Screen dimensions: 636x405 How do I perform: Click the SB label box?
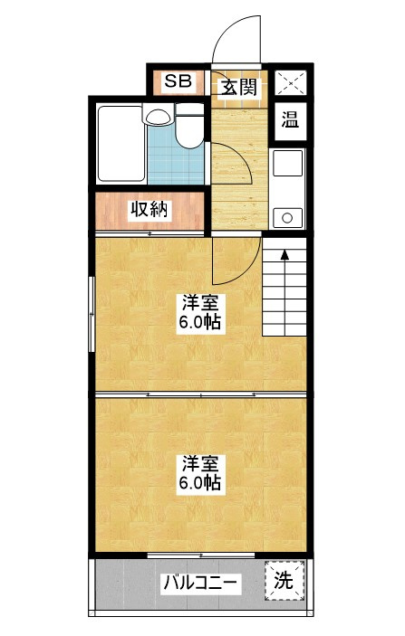pyautogui.click(x=178, y=82)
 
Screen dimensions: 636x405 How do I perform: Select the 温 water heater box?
pyautogui.click(x=290, y=120)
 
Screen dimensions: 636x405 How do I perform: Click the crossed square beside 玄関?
pyautogui.click(x=290, y=82)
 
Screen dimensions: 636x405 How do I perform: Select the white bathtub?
pyautogui.click(x=120, y=145)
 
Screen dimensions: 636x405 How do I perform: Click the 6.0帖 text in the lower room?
pyautogui.click(x=200, y=483)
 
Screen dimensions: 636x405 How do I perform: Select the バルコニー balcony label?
pyautogui.click(x=201, y=582)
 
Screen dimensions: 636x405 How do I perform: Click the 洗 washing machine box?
pyautogui.click(x=284, y=581)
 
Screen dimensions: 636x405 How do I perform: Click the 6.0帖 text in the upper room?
pyautogui.click(x=200, y=323)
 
